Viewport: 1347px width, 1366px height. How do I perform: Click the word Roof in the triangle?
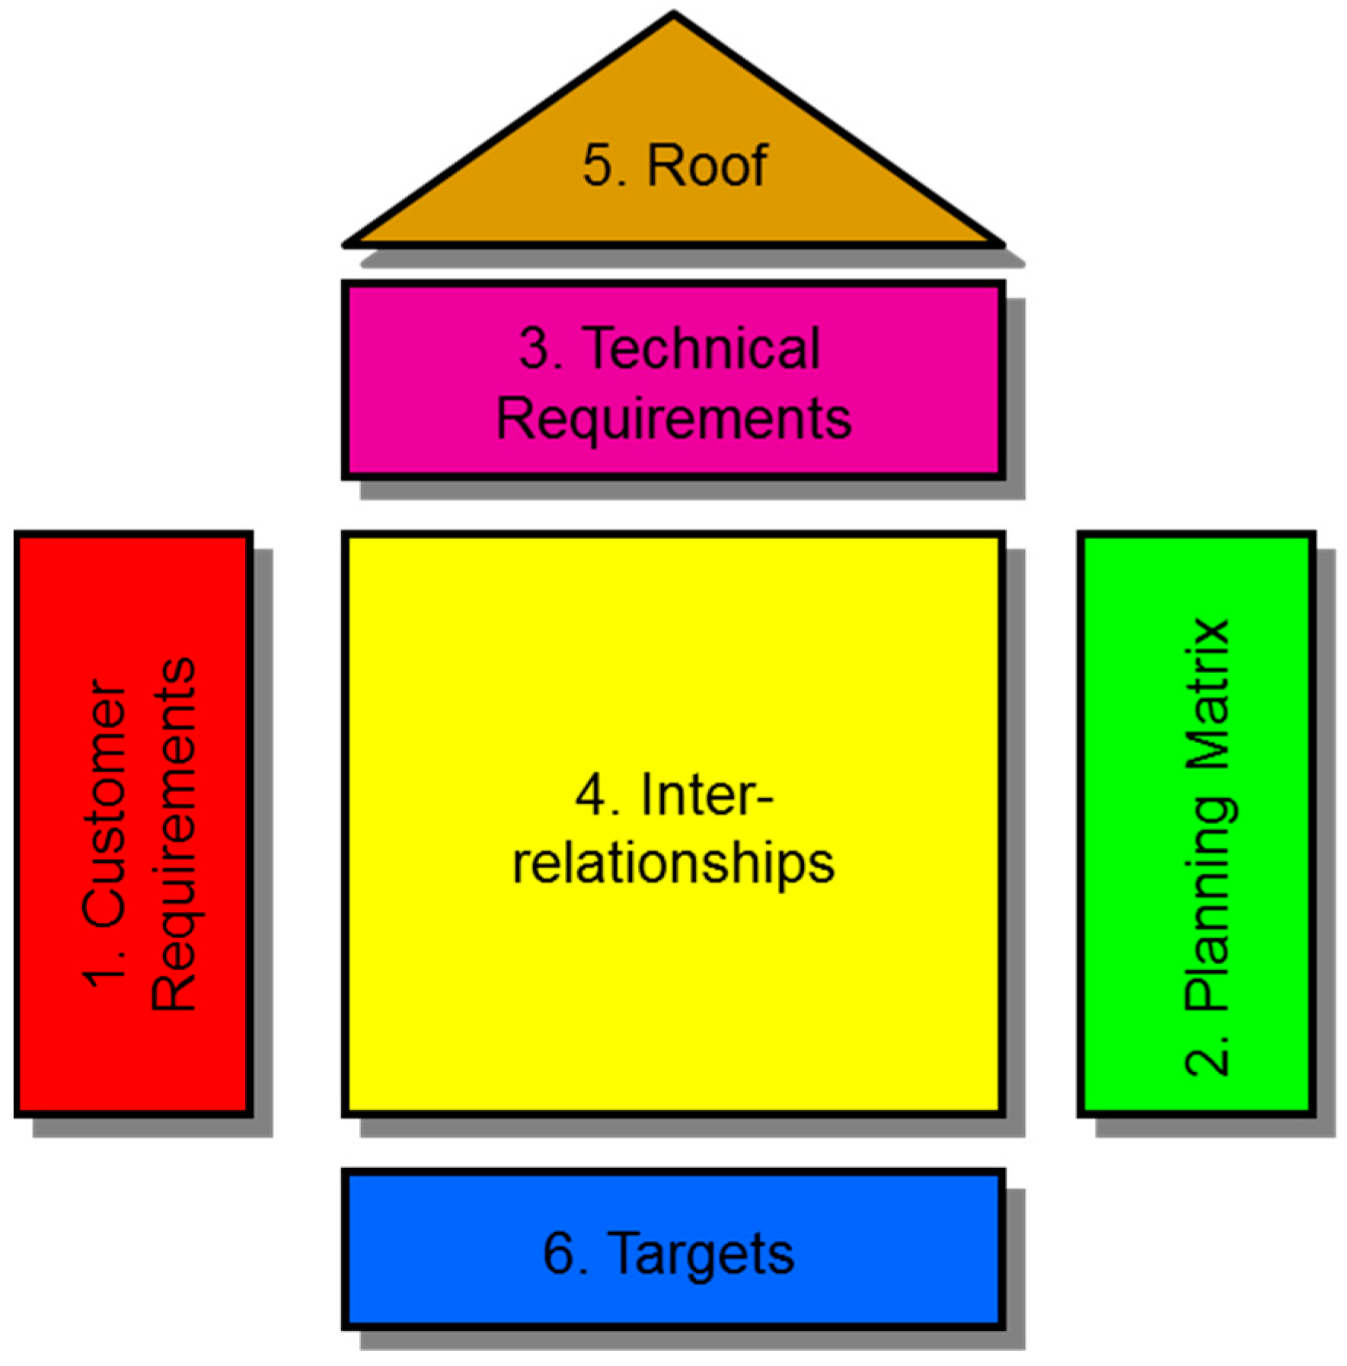click(707, 164)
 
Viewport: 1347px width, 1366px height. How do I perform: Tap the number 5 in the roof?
click(598, 165)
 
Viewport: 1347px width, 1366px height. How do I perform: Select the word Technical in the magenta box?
click(701, 349)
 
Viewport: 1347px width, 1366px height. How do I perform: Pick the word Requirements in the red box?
click(174, 833)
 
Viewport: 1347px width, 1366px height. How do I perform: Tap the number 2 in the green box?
click(1208, 1056)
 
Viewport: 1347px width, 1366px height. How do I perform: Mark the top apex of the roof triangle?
click(674, 14)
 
